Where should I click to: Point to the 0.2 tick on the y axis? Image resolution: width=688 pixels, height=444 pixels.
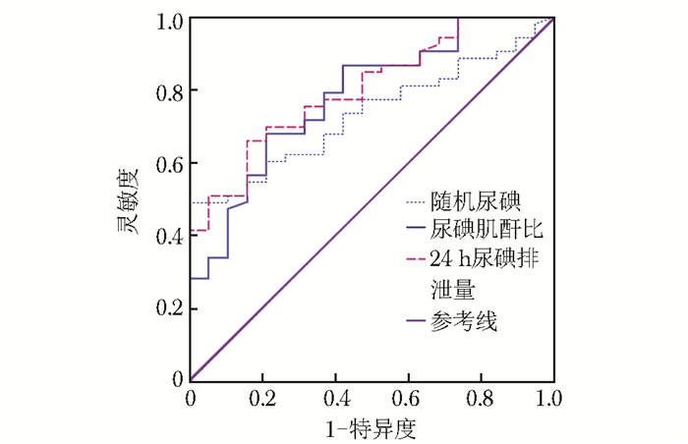(170, 308)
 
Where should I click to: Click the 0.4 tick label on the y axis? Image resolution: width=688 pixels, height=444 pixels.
(170, 236)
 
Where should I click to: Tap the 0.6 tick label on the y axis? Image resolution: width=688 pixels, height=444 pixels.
(170, 163)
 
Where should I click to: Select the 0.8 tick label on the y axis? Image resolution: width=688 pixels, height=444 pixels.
(170, 90)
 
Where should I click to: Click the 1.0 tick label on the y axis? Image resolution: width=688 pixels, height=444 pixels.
(170, 19)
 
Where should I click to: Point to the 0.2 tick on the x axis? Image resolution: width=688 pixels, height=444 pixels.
(263, 400)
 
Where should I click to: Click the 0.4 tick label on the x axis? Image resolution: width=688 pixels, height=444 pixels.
(336, 400)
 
